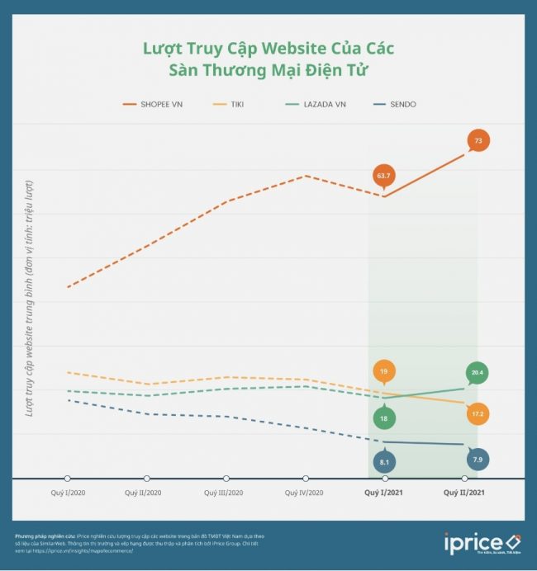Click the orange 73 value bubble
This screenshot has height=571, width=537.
(478, 141)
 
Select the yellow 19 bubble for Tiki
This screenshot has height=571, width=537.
(383, 372)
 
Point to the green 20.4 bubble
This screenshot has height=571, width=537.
(478, 373)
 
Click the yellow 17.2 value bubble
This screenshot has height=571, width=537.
(478, 413)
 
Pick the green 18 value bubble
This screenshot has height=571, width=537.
(383, 418)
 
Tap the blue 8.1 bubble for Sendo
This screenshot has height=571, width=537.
(384, 462)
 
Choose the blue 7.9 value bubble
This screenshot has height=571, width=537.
(478, 459)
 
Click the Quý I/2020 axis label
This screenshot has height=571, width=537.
(68, 493)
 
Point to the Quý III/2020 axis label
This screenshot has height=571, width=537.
(225, 493)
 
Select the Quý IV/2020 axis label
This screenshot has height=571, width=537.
(303, 493)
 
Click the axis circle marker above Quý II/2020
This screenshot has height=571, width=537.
(147, 479)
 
